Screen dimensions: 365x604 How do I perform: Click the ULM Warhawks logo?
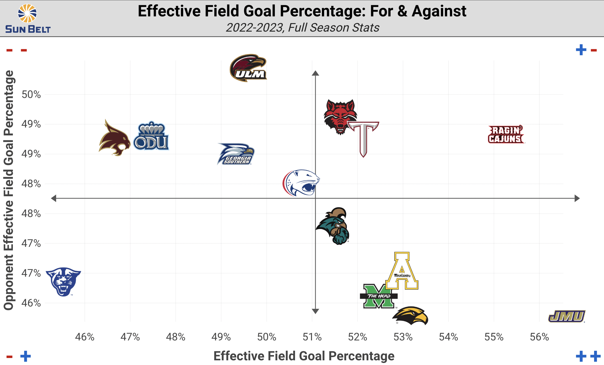click(x=248, y=68)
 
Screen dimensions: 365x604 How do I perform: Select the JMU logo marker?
click(x=567, y=316)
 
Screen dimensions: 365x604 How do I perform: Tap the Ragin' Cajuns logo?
click(x=506, y=135)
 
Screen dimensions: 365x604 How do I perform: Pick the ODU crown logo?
click(x=151, y=136)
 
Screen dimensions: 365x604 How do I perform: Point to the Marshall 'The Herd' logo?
click(x=379, y=296)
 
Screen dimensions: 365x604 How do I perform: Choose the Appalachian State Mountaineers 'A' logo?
click(x=402, y=271)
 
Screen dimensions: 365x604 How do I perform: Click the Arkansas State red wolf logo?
click(x=340, y=116)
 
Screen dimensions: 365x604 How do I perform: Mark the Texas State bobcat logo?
click(x=114, y=139)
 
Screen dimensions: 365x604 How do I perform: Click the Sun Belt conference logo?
click(x=28, y=18)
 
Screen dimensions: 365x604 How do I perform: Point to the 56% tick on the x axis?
click(x=539, y=337)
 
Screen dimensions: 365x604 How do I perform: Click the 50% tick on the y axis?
click(x=31, y=94)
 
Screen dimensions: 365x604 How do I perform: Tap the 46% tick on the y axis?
click(x=31, y=303)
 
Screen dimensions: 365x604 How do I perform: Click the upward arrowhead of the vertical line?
click(x=315, y=73)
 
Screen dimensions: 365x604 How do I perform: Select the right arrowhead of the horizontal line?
click(x=577, y=198)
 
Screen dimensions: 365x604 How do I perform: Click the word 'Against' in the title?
click(x=439, y=11)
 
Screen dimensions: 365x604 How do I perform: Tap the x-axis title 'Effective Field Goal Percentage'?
click(x=304, y=356)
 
